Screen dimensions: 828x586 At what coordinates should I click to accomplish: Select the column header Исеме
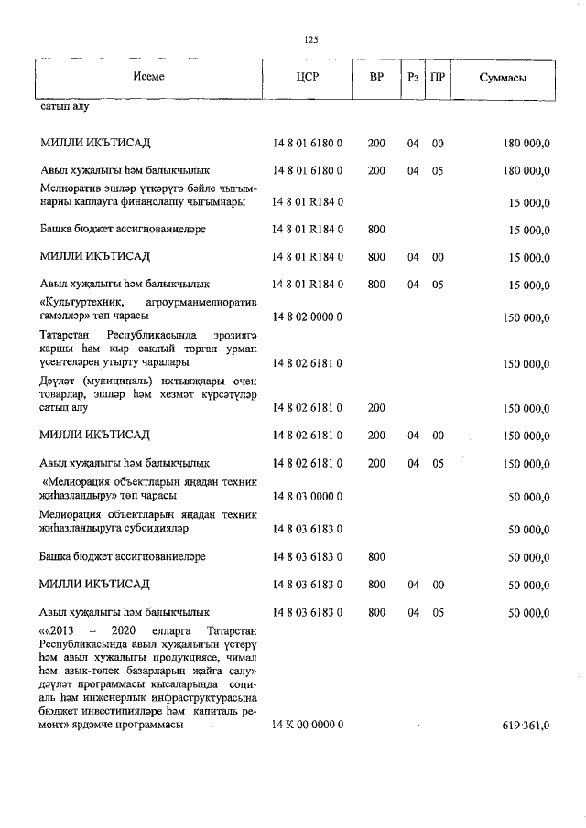coord(147,78)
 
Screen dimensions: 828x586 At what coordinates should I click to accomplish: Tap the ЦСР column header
coord(307,78)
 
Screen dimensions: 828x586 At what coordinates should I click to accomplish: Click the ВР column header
coord(376,78)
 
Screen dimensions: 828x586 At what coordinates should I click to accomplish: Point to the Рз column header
coord(413,78)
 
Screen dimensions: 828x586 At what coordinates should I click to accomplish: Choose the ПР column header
coord(438,78)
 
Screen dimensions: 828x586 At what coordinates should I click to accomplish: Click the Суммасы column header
coord(503,78)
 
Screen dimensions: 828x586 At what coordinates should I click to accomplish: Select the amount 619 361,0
coord(526,725)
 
